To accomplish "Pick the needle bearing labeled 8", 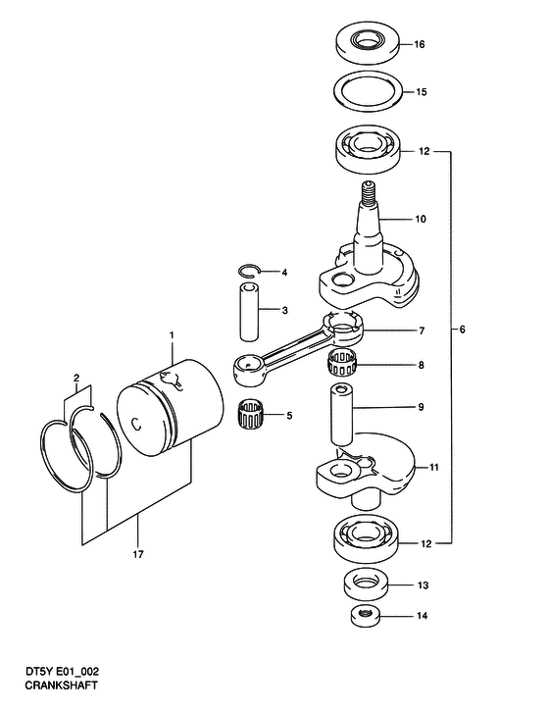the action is [x=342, y=364].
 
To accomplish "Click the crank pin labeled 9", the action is [x=341, y=414].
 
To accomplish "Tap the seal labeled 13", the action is [x=367, y=585].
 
